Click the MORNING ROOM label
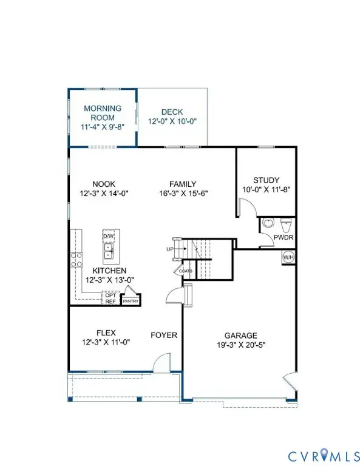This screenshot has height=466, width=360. click(103, 113)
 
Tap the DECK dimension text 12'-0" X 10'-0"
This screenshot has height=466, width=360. click(172, 121)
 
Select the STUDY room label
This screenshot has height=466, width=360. click(266, 180)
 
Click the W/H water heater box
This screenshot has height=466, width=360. click(288, 257)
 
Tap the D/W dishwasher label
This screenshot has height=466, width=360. click(109, 235)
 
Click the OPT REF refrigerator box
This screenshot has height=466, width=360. click(110, 299)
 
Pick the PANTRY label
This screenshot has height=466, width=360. click(131, 300)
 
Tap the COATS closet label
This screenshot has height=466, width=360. click(185, 271)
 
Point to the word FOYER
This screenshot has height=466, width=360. click(164, 335)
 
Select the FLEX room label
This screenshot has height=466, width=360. click(106, 333)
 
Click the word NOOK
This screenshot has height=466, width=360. click(104, 184)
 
